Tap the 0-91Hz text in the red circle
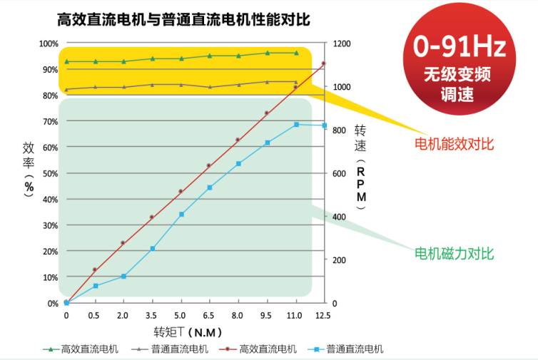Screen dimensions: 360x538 tap(460, 48)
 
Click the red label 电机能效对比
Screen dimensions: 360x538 tap(455, 145)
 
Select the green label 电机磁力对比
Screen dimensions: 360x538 tap(455, 254)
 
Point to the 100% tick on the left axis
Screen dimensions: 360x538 tap(49, 43)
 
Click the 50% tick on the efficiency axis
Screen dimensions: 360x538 tap(50, 173)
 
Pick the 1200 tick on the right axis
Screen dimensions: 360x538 tap(342, 43)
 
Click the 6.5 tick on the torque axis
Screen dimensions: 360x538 tap(209, 314)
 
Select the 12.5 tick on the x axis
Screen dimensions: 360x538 tap(323, 314)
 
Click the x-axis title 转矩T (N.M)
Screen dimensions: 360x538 tap(188, 331)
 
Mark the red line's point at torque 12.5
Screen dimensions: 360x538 tap(323, 63)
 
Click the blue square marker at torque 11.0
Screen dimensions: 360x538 tap(296, 125)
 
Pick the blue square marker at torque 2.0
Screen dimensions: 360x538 tap(123, 276)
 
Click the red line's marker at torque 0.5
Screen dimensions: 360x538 tap(95, 269)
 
